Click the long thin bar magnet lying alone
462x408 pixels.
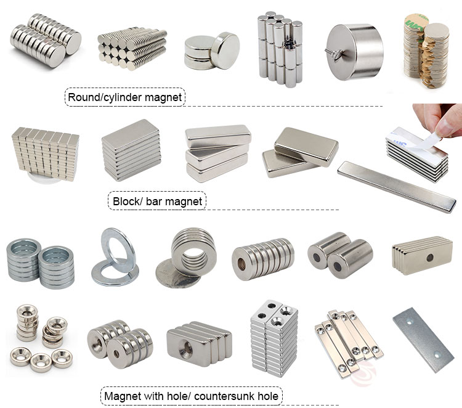click(397, 186)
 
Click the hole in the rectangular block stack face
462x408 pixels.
click(430, 258)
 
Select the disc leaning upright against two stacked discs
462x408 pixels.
click(225, 51)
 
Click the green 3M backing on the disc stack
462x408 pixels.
click(414, 22)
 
